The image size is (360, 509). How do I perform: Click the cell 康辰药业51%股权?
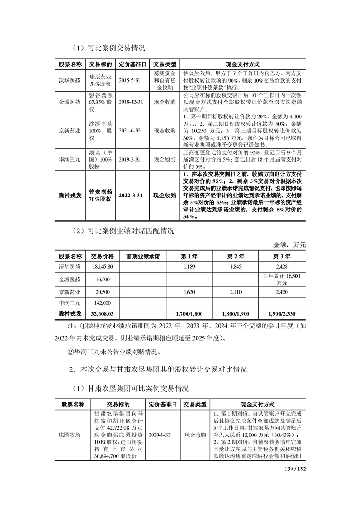100,80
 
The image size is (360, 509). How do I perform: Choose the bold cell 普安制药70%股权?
100,195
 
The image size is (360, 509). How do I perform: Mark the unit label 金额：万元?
290,245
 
